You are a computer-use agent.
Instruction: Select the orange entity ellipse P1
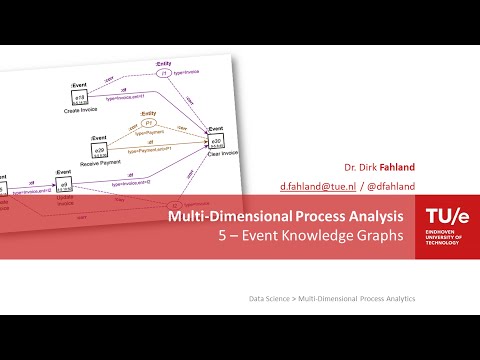149,123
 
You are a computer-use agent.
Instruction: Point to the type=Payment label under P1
151,133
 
